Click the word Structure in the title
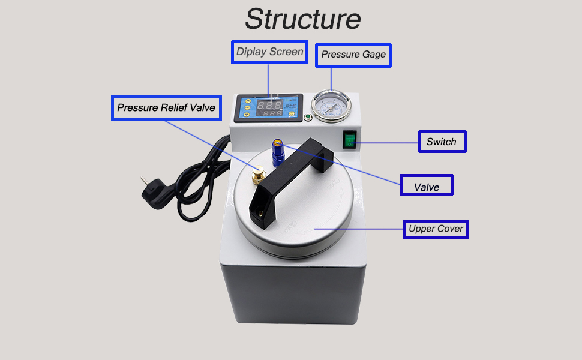(x=302, y=19)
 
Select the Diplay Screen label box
(x=269, y=52)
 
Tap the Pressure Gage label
(x=353, y=55)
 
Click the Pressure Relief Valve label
(x=166, y=108)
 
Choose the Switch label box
(x=442, y=142)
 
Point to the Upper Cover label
(x=436, y=229)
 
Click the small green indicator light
(x=308, y=117)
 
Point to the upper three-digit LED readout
(x=269, y=103)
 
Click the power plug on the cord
(x=151, y=187)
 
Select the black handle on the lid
(x=290, y=174)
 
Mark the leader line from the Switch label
(x=387, y=143)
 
